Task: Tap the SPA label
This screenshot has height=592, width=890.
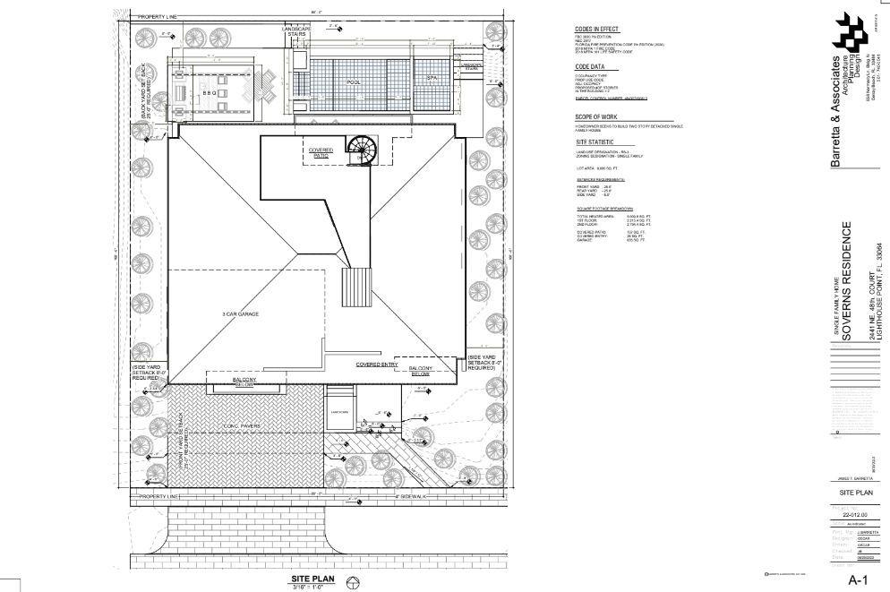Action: tap(432, 79)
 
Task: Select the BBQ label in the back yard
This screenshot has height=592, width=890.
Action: tap(210, 92)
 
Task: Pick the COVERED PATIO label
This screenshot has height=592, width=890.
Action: tap(321, 152)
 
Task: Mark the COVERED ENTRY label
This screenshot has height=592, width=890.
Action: tap(376, 365)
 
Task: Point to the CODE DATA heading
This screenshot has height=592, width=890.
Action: tap(591, 67)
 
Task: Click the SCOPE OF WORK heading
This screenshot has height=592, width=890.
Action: tap(597, 116)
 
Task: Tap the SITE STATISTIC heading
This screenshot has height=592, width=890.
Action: tap(595, 142)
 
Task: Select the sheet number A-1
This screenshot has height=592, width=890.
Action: tap(860, 579)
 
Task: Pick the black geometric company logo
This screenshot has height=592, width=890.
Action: tap(849, 34)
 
